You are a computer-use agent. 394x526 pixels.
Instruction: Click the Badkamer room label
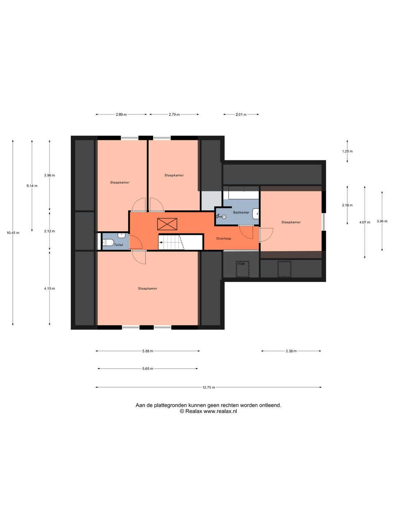click(241, 212)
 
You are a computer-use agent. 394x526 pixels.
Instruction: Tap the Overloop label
click(223, 239)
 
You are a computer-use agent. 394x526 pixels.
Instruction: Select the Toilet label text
click(119, 245)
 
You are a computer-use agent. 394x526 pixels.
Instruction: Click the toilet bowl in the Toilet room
click(108, 243)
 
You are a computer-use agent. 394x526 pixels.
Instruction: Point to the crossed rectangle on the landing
click(167, 224)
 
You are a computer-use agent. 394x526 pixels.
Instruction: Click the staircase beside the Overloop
click(180, 242)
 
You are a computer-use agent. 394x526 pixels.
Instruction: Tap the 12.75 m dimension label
click(209, 387)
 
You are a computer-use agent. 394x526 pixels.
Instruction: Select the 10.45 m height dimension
click(13, 233)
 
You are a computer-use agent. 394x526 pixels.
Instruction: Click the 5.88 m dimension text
click(148, 351)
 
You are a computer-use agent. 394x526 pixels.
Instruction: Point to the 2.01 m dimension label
click(241, 115)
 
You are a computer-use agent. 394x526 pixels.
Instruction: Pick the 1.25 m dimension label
click(347, 151)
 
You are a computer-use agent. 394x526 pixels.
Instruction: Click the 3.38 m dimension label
click(291, 351)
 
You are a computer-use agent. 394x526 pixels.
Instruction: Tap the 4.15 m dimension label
click(49, 289)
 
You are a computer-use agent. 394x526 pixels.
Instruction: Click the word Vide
click(241, 264)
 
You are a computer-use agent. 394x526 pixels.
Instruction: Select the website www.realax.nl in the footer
click(220, 411)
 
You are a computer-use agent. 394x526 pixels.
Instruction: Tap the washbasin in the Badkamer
click(256, 214)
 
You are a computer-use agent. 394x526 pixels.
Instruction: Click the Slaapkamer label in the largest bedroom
click(148, 289)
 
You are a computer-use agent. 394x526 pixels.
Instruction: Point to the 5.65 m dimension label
click(148, 369)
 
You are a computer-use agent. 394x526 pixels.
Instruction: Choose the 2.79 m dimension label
click(174, 115)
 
